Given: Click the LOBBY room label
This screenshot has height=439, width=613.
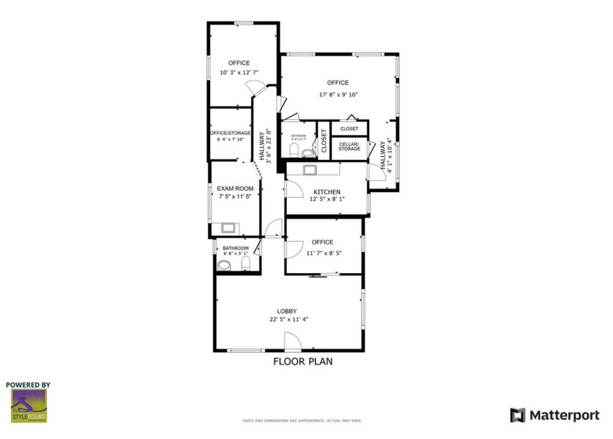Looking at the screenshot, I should point(286,310).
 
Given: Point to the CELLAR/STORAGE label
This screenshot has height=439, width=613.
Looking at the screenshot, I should point(349,147).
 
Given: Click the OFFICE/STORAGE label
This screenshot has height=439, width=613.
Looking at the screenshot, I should point(230,133).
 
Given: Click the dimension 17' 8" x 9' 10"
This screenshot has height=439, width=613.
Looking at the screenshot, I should point(338,94).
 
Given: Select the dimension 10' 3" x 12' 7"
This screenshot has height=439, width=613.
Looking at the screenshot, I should point(239,72).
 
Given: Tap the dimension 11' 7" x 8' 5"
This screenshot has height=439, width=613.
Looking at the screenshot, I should point(322,253).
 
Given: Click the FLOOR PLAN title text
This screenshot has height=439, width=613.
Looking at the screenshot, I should point(303,361).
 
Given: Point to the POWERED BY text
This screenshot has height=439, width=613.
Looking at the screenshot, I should point(28,384).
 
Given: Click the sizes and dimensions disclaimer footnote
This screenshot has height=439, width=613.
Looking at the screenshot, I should point(301,421).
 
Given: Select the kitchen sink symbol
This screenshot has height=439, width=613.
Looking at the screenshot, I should point(309,169).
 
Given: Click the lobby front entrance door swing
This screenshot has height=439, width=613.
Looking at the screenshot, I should point(291,341).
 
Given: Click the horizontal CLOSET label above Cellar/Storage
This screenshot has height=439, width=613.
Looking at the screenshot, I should point(349,129).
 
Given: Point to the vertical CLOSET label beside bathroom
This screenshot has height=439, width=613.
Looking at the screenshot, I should point(324,142).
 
